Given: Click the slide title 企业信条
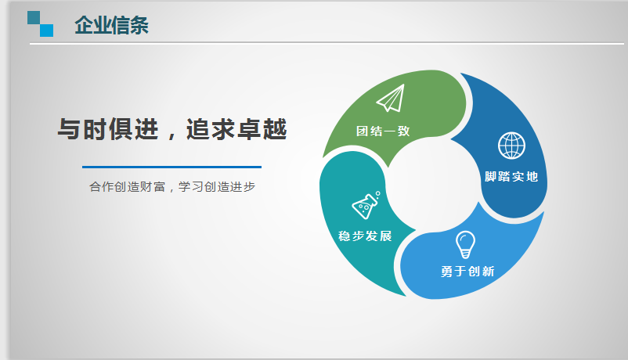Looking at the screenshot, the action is click(x=111, y=25).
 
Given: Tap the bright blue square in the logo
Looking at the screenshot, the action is click(x=46, y=31).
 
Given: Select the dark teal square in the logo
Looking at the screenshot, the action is click(x=34, y=18).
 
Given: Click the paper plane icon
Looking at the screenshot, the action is click(x=391, y=98).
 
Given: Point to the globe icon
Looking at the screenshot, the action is click(x=511, y=146).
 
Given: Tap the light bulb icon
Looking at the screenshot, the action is click(x=465, y=245).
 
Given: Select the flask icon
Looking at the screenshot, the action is click(x=366, y=205).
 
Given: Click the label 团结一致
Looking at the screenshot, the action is click(x=383, y=131).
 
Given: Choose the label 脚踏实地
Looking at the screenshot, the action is click(x=511, y=177).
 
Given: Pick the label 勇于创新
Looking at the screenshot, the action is click(x=467, y=272).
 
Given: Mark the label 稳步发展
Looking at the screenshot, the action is click(x=365, y=236).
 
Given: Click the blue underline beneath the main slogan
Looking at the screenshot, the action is click(x=171, y=167).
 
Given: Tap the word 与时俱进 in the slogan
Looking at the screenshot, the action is click(x=108, y=129).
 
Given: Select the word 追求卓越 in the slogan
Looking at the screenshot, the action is click(x=236, y=129).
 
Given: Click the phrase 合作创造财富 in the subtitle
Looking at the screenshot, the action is click(x=127, y=186).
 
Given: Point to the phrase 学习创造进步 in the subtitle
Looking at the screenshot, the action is click(x=217, y=186).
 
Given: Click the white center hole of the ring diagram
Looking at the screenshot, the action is click(x=433, y=185).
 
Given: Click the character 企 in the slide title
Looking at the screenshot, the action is click(x=84, y=25).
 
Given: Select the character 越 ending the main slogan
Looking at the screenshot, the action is click(x=275, y=129).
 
